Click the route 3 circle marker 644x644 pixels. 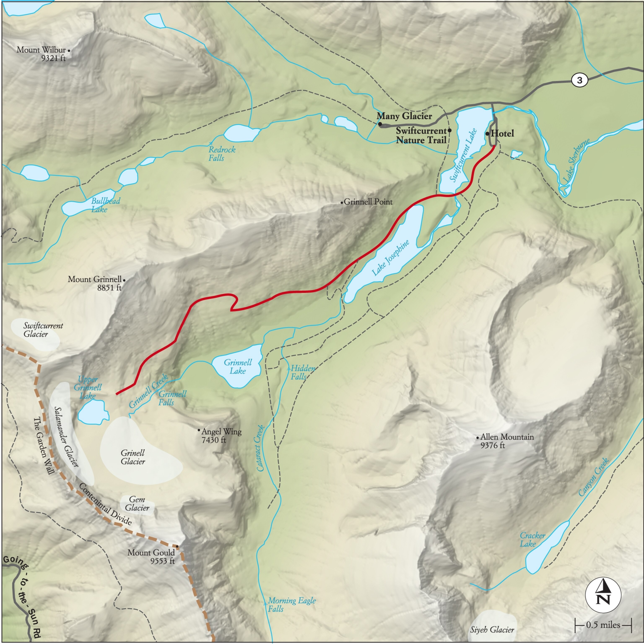[579, 80]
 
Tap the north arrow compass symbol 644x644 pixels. [603, 595]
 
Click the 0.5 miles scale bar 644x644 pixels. [603, 625]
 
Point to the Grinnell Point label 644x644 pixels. [368, 202]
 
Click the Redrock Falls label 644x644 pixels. [222, 154]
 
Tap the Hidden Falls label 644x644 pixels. [302, 372]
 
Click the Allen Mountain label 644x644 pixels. [507, 441]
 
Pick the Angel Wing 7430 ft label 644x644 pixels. [221, 436]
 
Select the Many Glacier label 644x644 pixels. [404, 116]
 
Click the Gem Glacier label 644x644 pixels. [137, 503]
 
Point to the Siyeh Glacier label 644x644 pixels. [492, 629]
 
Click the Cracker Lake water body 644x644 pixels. [547, 547]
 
